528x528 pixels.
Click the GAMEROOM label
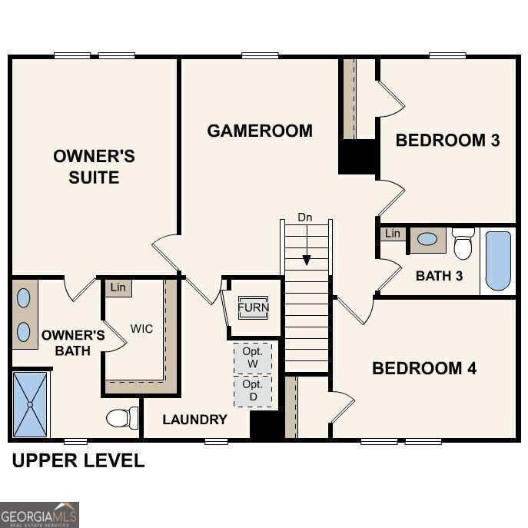click(260, 131)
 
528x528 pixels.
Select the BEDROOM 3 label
click(447, 140)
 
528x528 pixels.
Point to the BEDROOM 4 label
click(424, 368)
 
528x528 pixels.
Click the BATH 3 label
click(439, 276)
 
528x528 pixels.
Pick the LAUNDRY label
click(194, 420)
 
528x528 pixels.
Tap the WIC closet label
click(141, 329)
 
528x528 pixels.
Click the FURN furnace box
click(253, 307)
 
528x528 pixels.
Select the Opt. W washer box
click(253, 357)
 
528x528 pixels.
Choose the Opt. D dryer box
click(253, 390)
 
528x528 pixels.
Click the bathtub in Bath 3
click(498, 261)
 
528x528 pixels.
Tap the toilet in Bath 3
click(463, 244)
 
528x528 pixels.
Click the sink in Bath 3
click(427, 239)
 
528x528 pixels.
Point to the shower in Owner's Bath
click(30, 403)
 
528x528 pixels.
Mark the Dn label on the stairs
click(306, 218)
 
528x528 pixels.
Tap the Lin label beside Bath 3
click(393, 233)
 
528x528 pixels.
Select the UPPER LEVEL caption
click(78, 461)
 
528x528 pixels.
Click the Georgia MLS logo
click(39, 514)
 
